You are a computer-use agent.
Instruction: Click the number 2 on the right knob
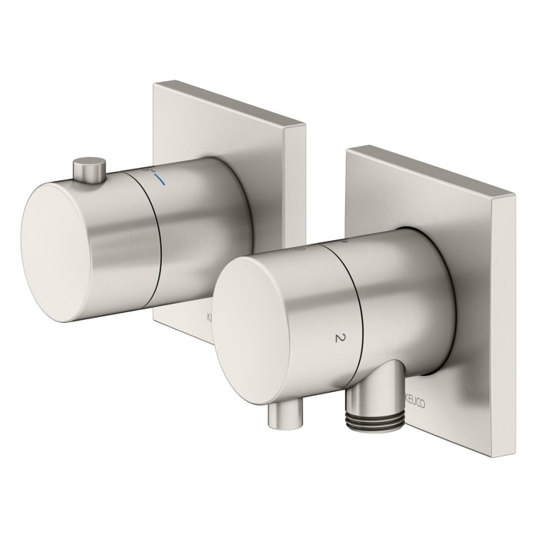click(338, 338)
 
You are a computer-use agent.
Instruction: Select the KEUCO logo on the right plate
click(415, 400)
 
